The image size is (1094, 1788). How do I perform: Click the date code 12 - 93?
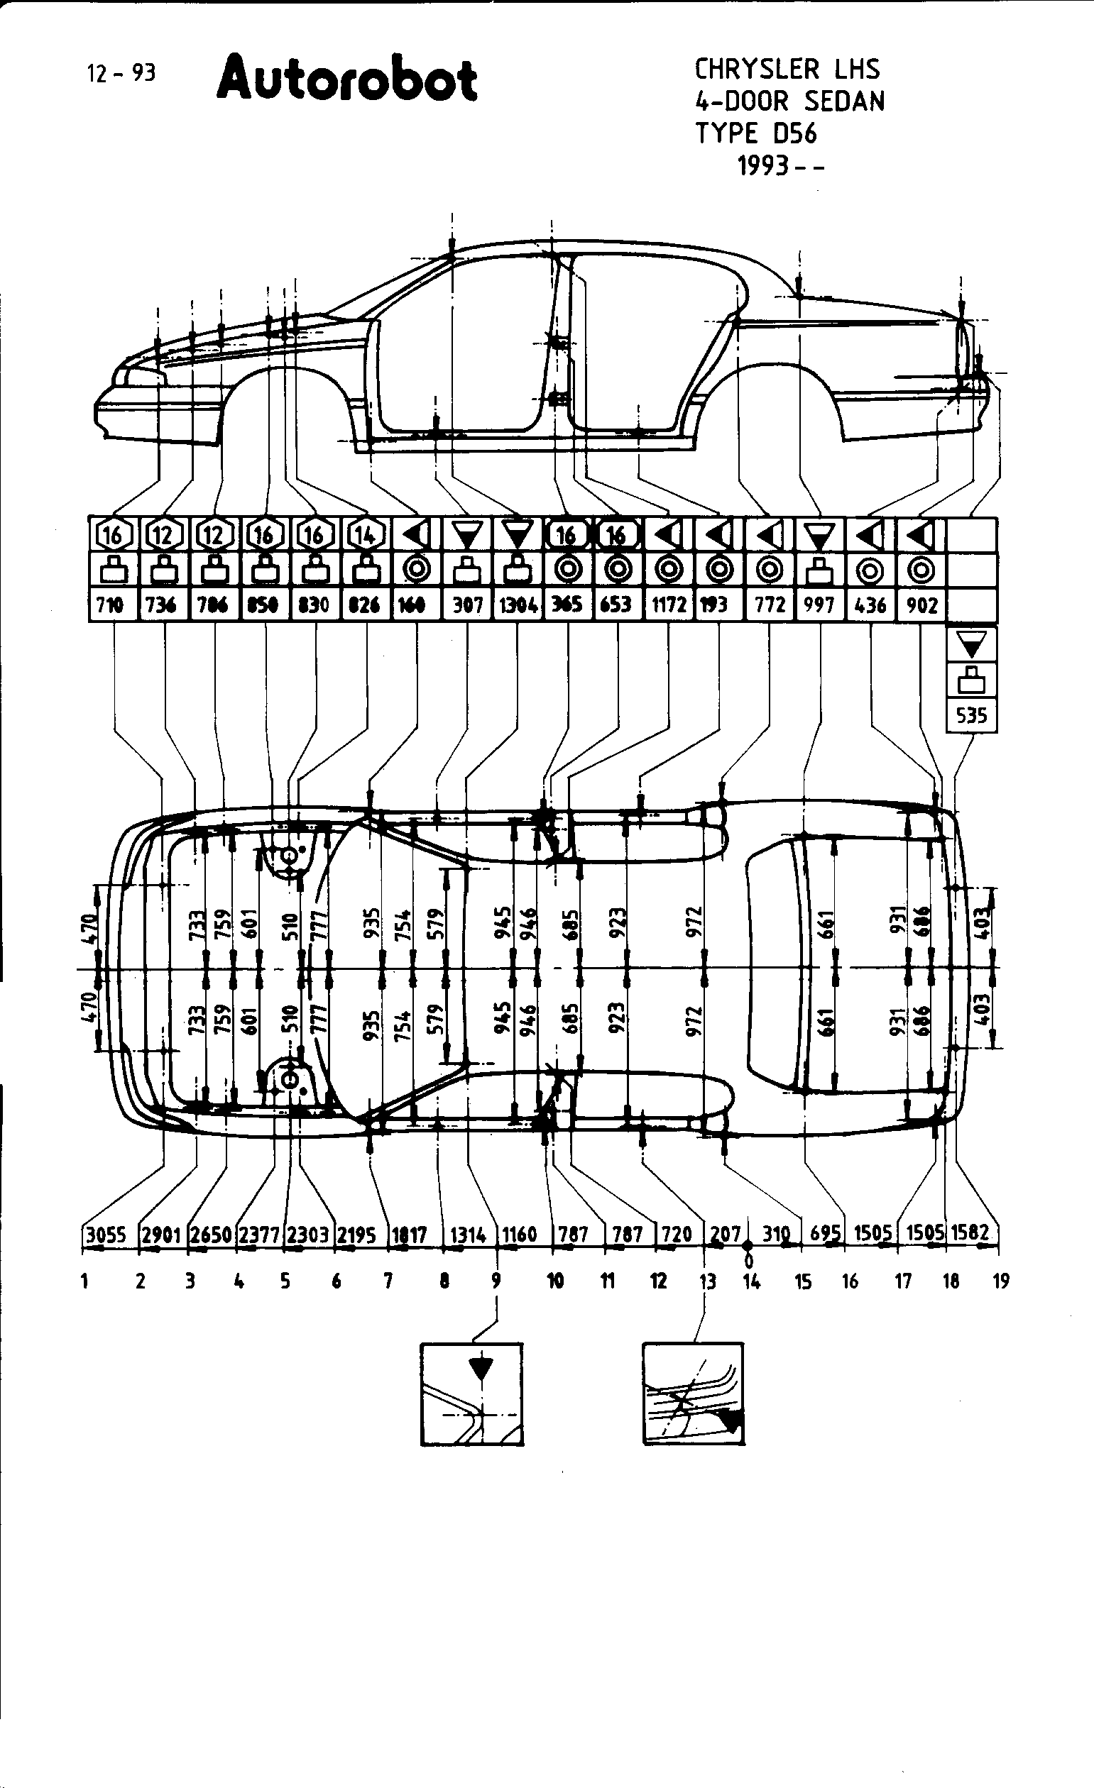tap(121, 73)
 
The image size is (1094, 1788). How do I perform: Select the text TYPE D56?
tap(755, 133)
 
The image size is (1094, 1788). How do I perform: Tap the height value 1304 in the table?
tap(518, 605)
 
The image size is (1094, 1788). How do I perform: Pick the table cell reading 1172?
tap(669, 605)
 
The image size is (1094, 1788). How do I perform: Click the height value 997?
tap(819, 605)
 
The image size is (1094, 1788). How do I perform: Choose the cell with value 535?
tap(971, 715)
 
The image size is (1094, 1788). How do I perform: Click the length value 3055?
tap(106, 1235)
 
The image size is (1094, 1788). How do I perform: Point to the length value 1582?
tap(970, 1233)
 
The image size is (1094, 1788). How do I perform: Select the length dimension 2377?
tap(259, 1235)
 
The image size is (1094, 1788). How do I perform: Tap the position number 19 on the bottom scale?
tap(1001, 1281)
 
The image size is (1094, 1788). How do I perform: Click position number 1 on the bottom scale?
tap(85, 1281)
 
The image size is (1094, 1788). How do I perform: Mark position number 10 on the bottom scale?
tap(555, 1281)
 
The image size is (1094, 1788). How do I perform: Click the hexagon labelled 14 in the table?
tap(364, 536)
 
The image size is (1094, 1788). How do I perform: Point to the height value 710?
tap(110, 605)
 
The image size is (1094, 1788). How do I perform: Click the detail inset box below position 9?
tap(472, 1395)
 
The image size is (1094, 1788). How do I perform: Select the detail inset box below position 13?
tap(694, 1395)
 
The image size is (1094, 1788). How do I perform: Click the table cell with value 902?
tap(921, 605)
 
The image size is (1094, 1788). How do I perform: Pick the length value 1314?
tap(469, 1235)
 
